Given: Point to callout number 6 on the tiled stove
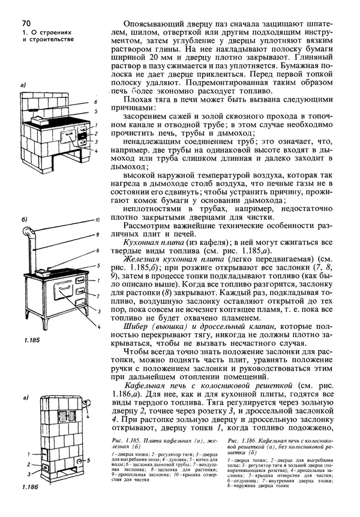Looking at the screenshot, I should click(x=94, y=103).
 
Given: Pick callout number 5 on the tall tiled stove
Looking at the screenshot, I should click(x=88, y=461).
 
